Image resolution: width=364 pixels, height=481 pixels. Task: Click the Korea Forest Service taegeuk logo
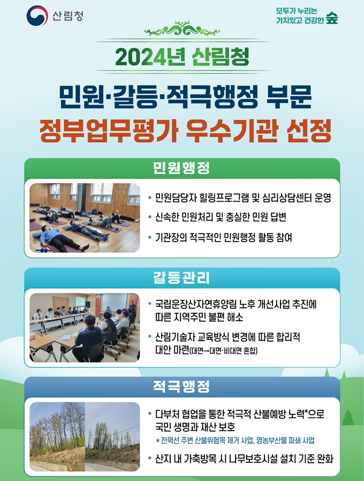click(37, 15)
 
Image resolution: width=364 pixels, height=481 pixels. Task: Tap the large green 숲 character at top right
click(332, 18)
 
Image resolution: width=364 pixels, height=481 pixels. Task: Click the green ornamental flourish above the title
click(182, 29)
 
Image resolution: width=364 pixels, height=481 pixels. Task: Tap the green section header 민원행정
click(181, 168)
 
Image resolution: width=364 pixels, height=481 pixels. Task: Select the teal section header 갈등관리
click(181, 277)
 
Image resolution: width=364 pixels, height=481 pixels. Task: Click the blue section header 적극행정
click(181, 386)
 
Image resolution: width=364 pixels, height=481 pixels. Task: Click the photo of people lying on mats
click(85, 218)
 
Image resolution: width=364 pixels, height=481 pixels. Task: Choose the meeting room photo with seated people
click(85, 327)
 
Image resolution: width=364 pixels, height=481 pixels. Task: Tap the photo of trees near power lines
click(85, 437)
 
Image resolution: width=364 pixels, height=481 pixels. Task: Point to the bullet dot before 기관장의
click(149, 237)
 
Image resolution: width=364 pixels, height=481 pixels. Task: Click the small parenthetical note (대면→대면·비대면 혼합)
click(224, 350)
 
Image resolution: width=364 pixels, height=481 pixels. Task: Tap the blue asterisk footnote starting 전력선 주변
click(236, 440)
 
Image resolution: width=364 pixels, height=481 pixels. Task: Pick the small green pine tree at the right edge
click(348, 417)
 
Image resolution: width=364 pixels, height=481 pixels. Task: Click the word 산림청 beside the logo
click(67, 16)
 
